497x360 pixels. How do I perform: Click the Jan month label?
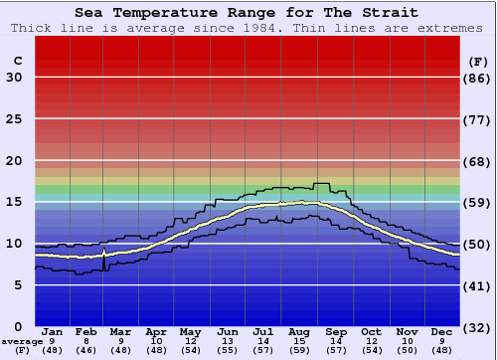53,332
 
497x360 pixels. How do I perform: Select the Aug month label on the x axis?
300,332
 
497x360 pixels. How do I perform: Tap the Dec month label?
442,332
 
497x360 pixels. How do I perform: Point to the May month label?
190,332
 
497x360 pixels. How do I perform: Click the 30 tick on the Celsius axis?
14,78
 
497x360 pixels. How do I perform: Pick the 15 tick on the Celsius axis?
14,202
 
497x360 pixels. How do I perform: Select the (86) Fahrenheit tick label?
478,78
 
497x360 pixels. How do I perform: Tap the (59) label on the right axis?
478,202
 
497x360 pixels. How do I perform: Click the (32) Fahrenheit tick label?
478,327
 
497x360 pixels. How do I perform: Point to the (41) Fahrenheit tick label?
478,285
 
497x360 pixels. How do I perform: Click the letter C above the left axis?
17,61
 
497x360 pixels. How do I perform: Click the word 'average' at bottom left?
22,341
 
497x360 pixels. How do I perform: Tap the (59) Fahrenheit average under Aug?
300,350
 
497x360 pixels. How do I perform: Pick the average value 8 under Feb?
86,341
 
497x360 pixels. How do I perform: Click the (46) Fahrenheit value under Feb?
86,350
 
